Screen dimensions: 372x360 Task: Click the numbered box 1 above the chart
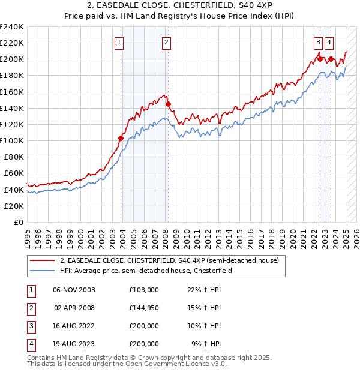coord(120,42)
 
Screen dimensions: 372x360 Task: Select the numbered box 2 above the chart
coord(166,42)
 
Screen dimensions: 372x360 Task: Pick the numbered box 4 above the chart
coord(329,42)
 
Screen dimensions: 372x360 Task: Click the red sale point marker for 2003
coord(121,138)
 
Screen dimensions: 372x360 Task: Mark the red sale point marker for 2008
coord(168,104)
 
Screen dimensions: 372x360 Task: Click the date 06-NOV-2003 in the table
coord(74,289)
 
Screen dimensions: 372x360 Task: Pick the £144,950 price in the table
coord(144,308)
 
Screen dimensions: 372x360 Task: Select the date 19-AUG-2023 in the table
coord(74,344)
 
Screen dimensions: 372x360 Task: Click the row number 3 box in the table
coord(29,326)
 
